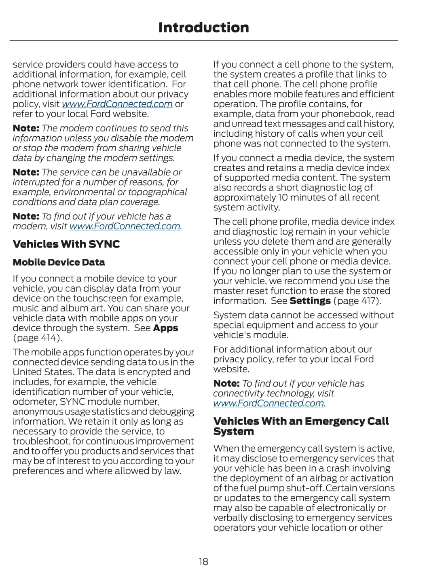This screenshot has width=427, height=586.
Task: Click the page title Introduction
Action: [x=203, y=28]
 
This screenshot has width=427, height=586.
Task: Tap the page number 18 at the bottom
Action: [x=203, y=561]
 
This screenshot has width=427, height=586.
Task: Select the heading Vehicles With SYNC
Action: [x=66, y=244]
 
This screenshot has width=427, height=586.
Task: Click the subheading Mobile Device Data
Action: [x=59, y=262]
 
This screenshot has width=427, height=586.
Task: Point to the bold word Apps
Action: [x=165, y=328]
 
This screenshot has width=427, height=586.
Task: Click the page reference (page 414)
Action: [x=38, y=338]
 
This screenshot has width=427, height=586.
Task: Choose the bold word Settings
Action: [x=310, y=301]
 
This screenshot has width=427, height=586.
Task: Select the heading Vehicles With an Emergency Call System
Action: [x=301, y=426]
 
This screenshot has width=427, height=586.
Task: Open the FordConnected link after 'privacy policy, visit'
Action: [x=117, y=104]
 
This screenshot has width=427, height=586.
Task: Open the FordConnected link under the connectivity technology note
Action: [x=268, y=403]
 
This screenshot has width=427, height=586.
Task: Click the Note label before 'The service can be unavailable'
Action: [x=26, y=172]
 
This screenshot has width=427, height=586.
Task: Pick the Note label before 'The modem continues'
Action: [x=26, y=128]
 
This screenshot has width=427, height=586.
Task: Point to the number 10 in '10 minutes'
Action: [x=284, y=197]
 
